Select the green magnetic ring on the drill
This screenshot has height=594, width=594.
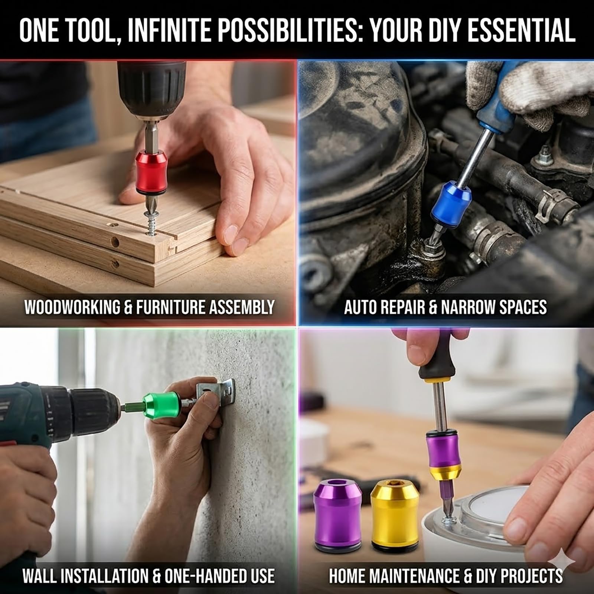[162, 404]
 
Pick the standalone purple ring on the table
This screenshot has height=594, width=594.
[336, 513]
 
